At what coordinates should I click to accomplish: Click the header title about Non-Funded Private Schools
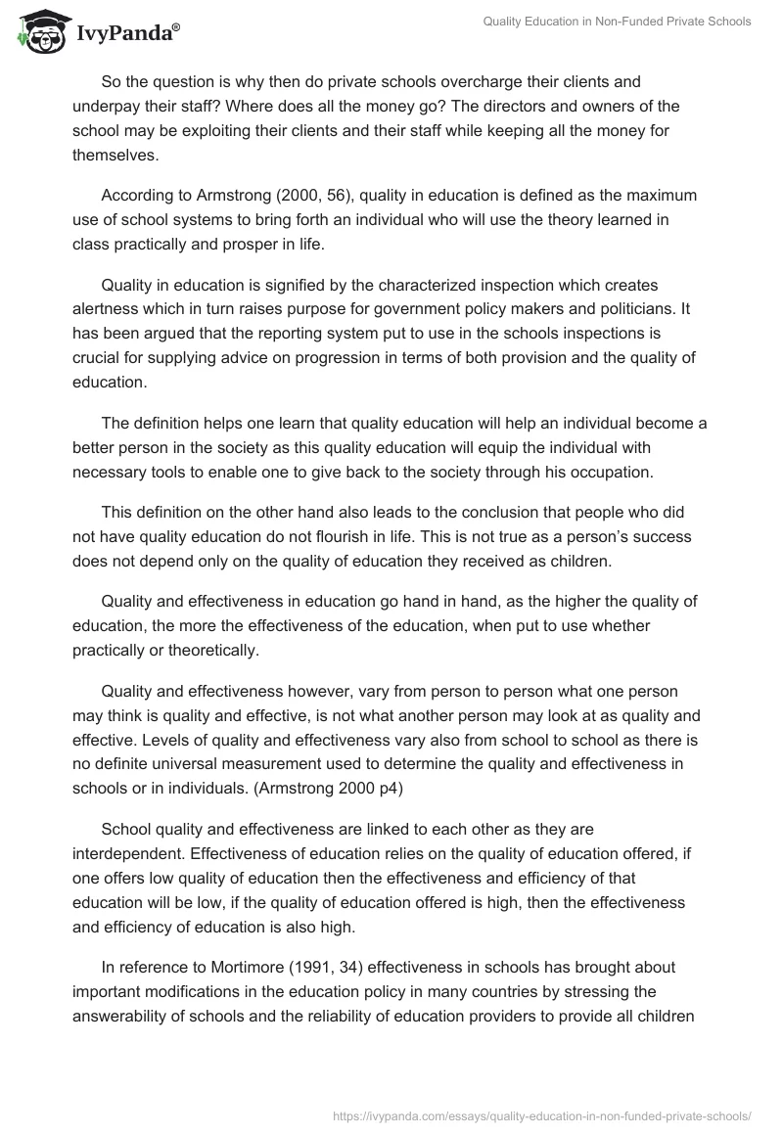[x=617, y=22]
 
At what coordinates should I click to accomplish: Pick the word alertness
[x=108, y=308]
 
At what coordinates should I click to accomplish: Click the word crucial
[x=99, y=357]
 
